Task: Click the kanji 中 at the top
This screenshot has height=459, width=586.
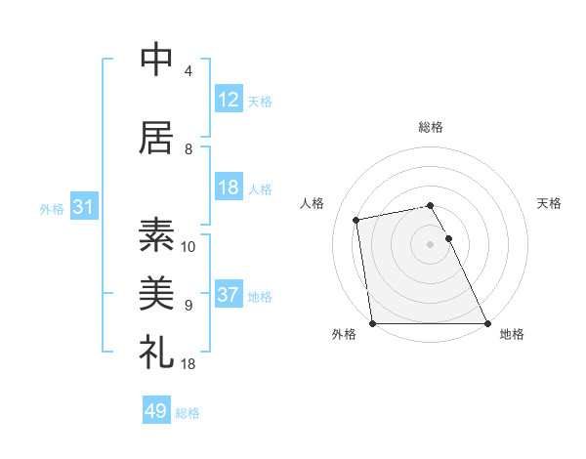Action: point(156,61)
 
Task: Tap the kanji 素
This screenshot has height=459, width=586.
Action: point(156,235)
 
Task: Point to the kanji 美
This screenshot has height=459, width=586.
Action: point(156,294)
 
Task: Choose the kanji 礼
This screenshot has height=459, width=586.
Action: point(156,352)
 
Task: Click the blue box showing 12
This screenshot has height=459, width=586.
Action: point(228,100)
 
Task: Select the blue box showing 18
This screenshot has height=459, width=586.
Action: point(228,188)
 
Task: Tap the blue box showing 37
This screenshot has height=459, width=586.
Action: point(228,295)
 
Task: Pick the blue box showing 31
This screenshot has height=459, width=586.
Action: point(83,207)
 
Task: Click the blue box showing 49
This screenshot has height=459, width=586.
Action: point(155,412)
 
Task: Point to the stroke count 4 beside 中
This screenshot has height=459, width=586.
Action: point(188,71)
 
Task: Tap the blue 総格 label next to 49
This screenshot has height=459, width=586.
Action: point(188,413)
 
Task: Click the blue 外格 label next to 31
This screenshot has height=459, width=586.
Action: point(52,208)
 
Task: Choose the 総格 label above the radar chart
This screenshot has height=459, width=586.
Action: point(430,127)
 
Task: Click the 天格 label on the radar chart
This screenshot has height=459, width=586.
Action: point(549,203)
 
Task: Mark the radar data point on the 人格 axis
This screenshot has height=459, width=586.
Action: point(356,220)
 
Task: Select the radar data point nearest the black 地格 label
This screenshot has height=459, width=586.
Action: point(487,323)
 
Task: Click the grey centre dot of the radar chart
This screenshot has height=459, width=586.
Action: point(430,243)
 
